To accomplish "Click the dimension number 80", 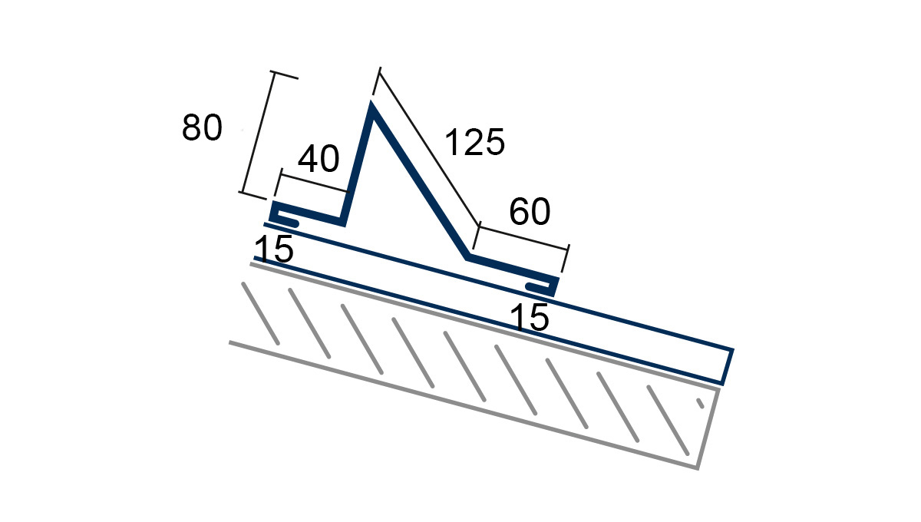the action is click(202, 127).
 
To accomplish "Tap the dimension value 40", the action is click(319, 159).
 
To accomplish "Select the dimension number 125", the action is click(475, 142).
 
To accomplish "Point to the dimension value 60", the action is click(530, 211).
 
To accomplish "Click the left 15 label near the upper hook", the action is click(274, 249).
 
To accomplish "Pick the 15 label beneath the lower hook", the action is click(529, 317).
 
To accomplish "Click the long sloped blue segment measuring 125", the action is click(419, 183).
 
